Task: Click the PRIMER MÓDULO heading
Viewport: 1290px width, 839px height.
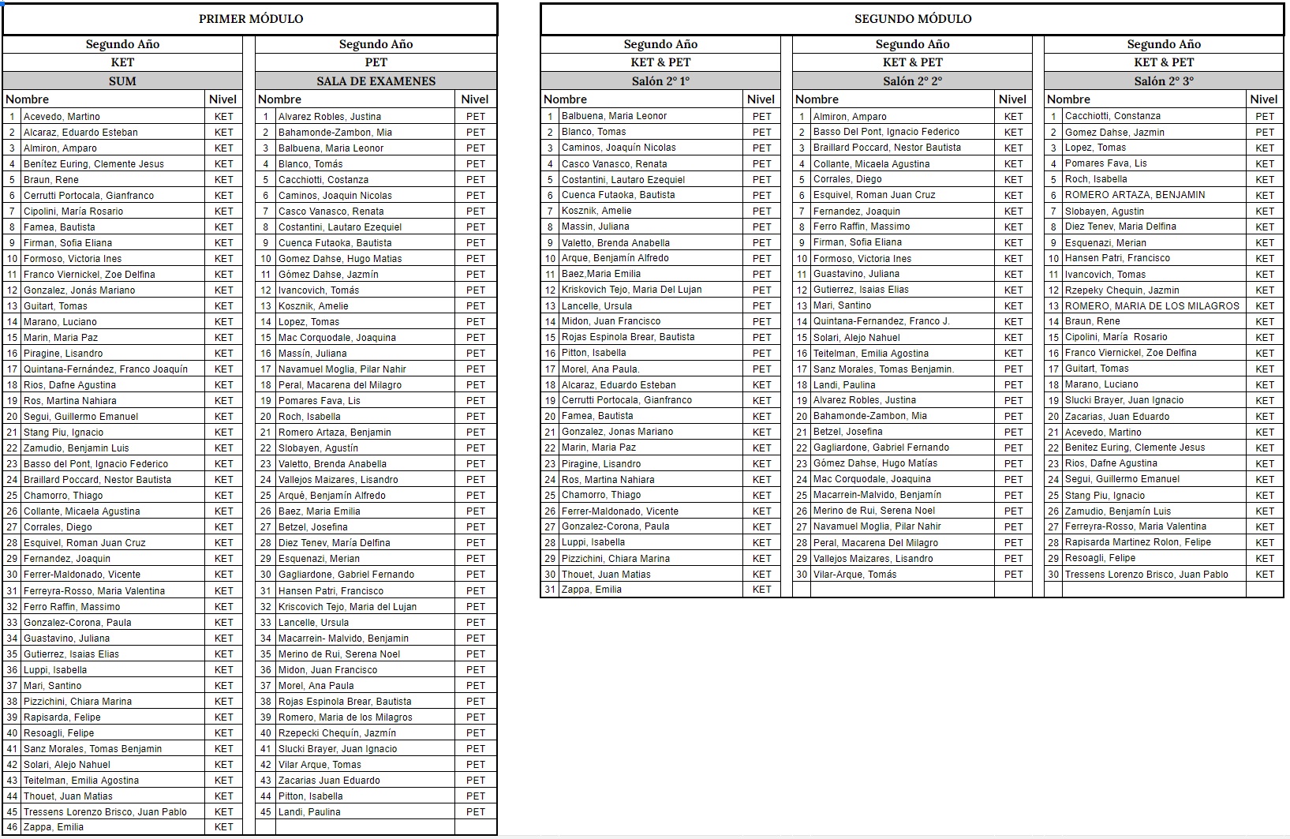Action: tap(250, 19)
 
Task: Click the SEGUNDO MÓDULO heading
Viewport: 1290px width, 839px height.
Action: tap(912, 19)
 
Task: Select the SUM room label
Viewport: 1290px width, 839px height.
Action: tap(122, 81)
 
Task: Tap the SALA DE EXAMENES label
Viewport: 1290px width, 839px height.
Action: tap(376, 81)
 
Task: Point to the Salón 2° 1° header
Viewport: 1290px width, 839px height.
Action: tap(660, 81)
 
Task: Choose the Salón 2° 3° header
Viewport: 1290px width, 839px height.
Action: tap(1163, 81)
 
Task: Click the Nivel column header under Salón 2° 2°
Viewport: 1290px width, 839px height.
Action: tap(1012, 99)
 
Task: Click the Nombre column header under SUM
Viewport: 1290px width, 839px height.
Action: tap(28, 99)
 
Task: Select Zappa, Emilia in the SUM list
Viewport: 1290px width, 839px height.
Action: tap(54, 827)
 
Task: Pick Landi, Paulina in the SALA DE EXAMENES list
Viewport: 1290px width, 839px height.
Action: tap(309, 811)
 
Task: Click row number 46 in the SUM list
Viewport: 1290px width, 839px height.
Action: tap(12, 827)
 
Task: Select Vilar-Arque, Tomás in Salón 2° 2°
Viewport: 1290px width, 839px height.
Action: tap(854, 575)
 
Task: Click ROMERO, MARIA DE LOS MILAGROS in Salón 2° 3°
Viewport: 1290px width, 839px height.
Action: tap(1152, 305)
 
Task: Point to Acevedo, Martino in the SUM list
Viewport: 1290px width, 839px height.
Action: tap(62, 116)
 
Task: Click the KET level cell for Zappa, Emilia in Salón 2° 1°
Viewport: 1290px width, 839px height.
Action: tap(761, 590)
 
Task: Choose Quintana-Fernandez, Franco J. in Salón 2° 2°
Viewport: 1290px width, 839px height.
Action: tap(881, 321)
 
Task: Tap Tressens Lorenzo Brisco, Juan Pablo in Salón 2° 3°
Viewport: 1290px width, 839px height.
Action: tap(1146, 575)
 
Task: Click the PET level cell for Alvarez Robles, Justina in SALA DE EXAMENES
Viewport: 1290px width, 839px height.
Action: tap(475, 116)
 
